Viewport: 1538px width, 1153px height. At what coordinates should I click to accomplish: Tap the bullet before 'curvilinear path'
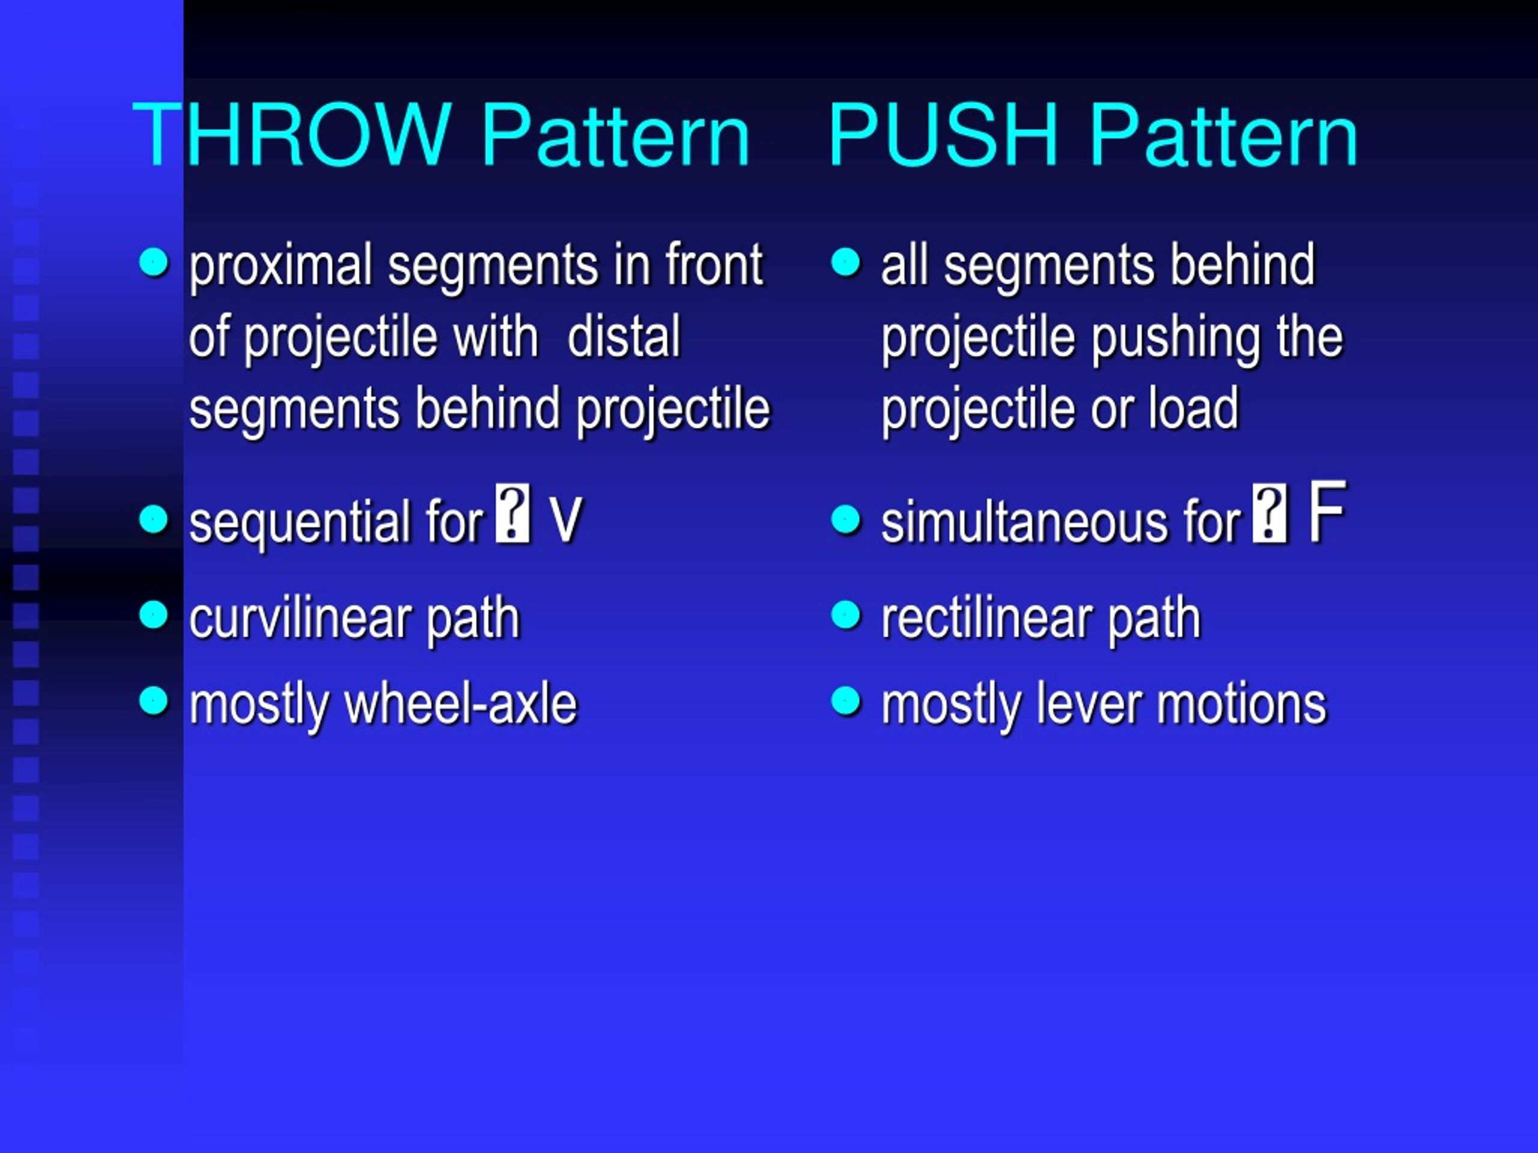point(154,614)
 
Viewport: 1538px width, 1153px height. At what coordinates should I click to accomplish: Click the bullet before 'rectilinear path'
point(845,614)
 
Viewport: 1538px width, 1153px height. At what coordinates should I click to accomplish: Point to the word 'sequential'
point(301,522)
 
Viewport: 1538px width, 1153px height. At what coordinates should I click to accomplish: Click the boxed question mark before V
point(513,513)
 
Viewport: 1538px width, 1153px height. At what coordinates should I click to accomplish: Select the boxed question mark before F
point(1269,513)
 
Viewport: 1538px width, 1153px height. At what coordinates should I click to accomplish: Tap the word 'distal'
point(624,336)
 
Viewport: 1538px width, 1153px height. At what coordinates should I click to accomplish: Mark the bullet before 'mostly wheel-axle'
point(154,701)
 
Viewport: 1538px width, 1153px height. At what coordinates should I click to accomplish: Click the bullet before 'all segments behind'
point(845,262)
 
